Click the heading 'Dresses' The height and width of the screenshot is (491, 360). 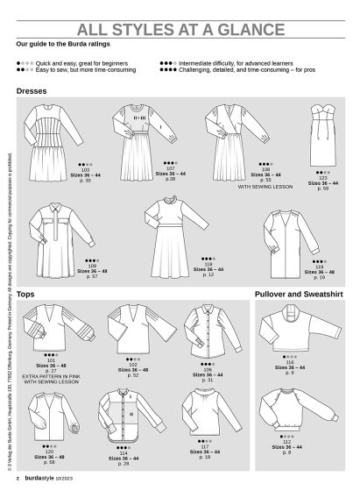pos(32,90)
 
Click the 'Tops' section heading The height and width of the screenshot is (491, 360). pos(25,294)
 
